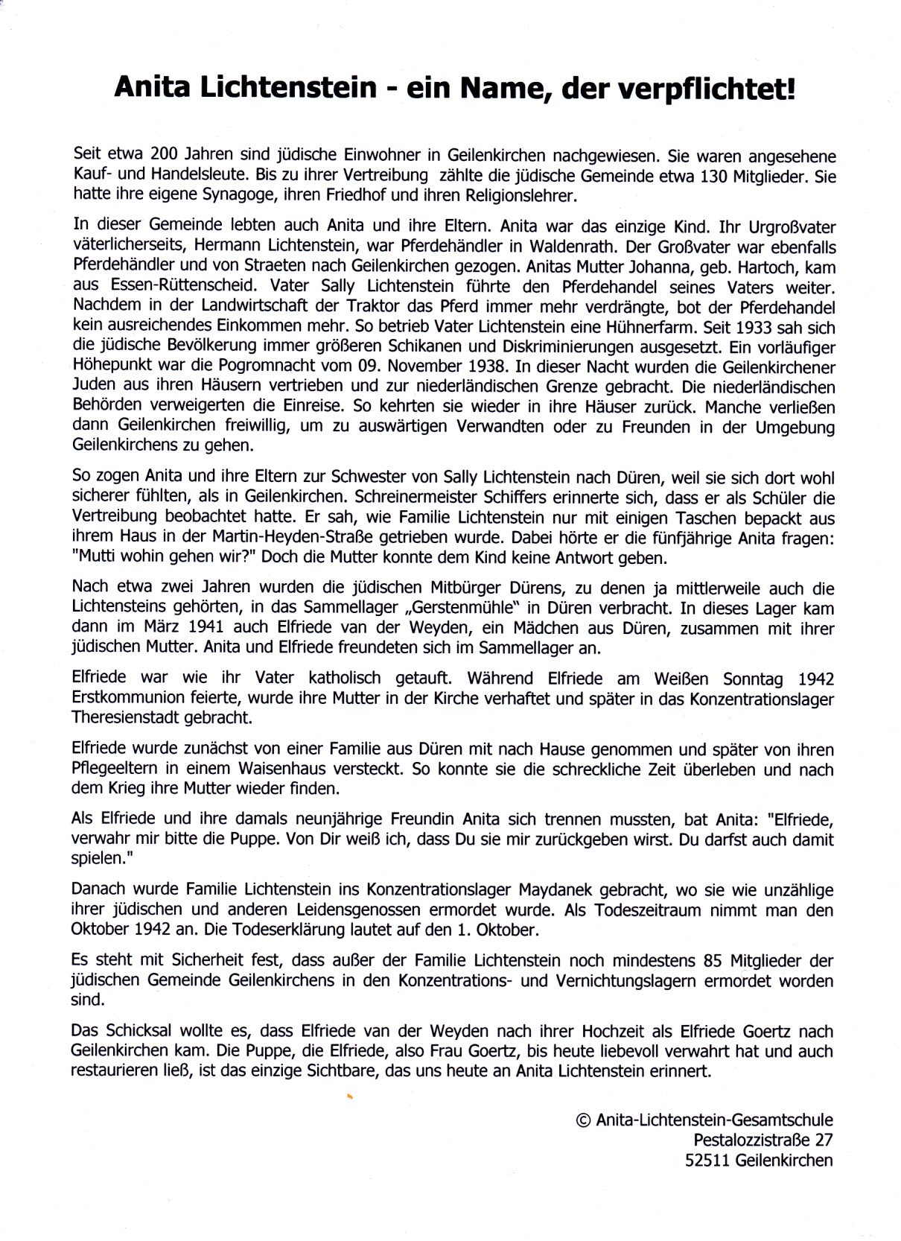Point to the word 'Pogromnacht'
pos(264,367)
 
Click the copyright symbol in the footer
pos(584,1120)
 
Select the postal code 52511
pos(707,1161)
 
